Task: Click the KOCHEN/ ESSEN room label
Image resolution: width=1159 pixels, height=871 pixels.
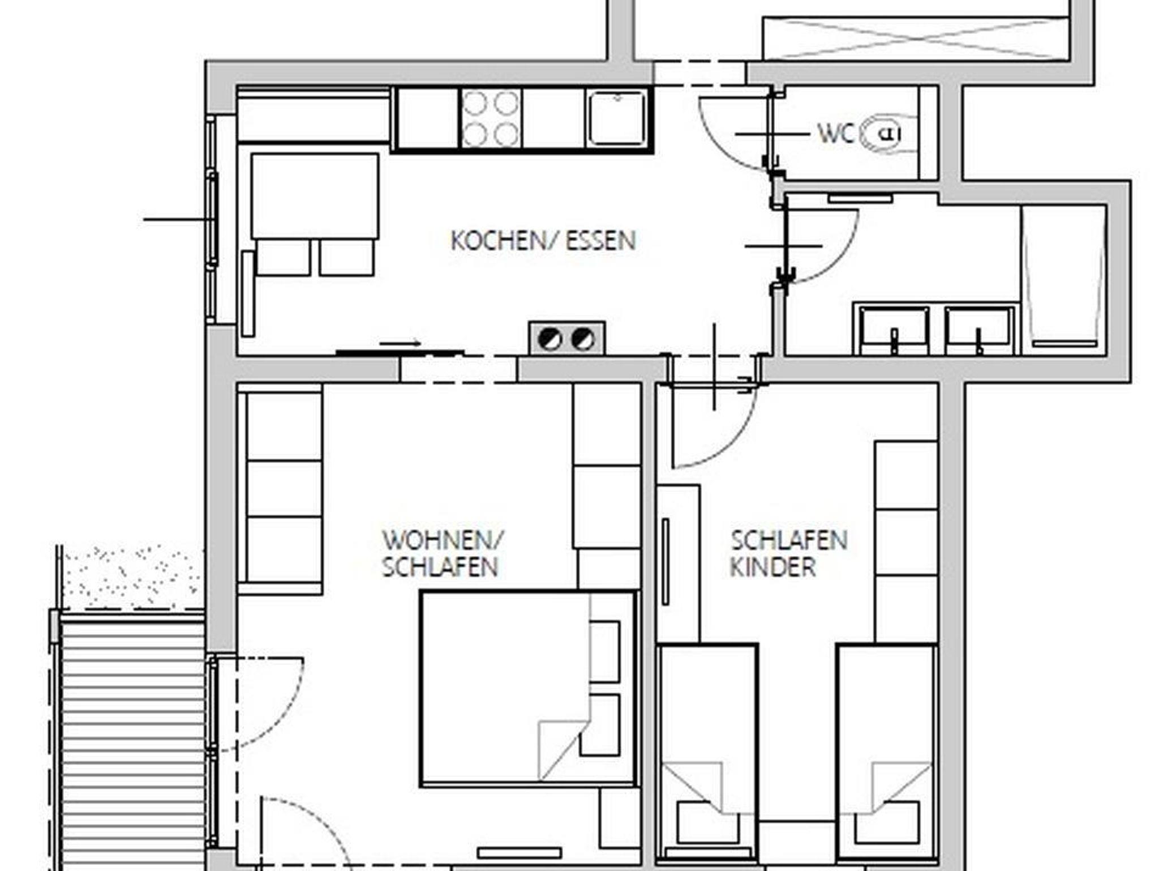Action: [543, 241]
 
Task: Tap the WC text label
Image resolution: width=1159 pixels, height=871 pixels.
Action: [835, 134]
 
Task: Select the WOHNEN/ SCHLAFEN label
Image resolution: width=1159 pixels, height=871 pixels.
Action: [442, 553]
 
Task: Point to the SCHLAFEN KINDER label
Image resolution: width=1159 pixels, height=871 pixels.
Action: [789, 553]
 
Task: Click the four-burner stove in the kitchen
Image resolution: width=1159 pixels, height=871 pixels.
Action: [490, 119]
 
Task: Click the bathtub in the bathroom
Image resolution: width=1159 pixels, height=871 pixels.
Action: [1064, 280]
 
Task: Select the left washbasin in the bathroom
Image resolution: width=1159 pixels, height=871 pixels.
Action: [894, 330]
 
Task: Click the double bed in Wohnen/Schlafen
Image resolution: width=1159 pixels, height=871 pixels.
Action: [529, 689]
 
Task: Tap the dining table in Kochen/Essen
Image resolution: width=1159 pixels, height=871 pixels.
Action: [315, 196]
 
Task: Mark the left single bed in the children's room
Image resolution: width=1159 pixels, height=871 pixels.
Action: [707, 753]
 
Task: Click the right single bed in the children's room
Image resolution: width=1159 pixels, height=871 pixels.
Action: [887, 753]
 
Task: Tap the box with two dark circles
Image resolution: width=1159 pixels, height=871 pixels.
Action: [567, 338]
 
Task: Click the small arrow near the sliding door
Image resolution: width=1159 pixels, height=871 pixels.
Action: [400, 343]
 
